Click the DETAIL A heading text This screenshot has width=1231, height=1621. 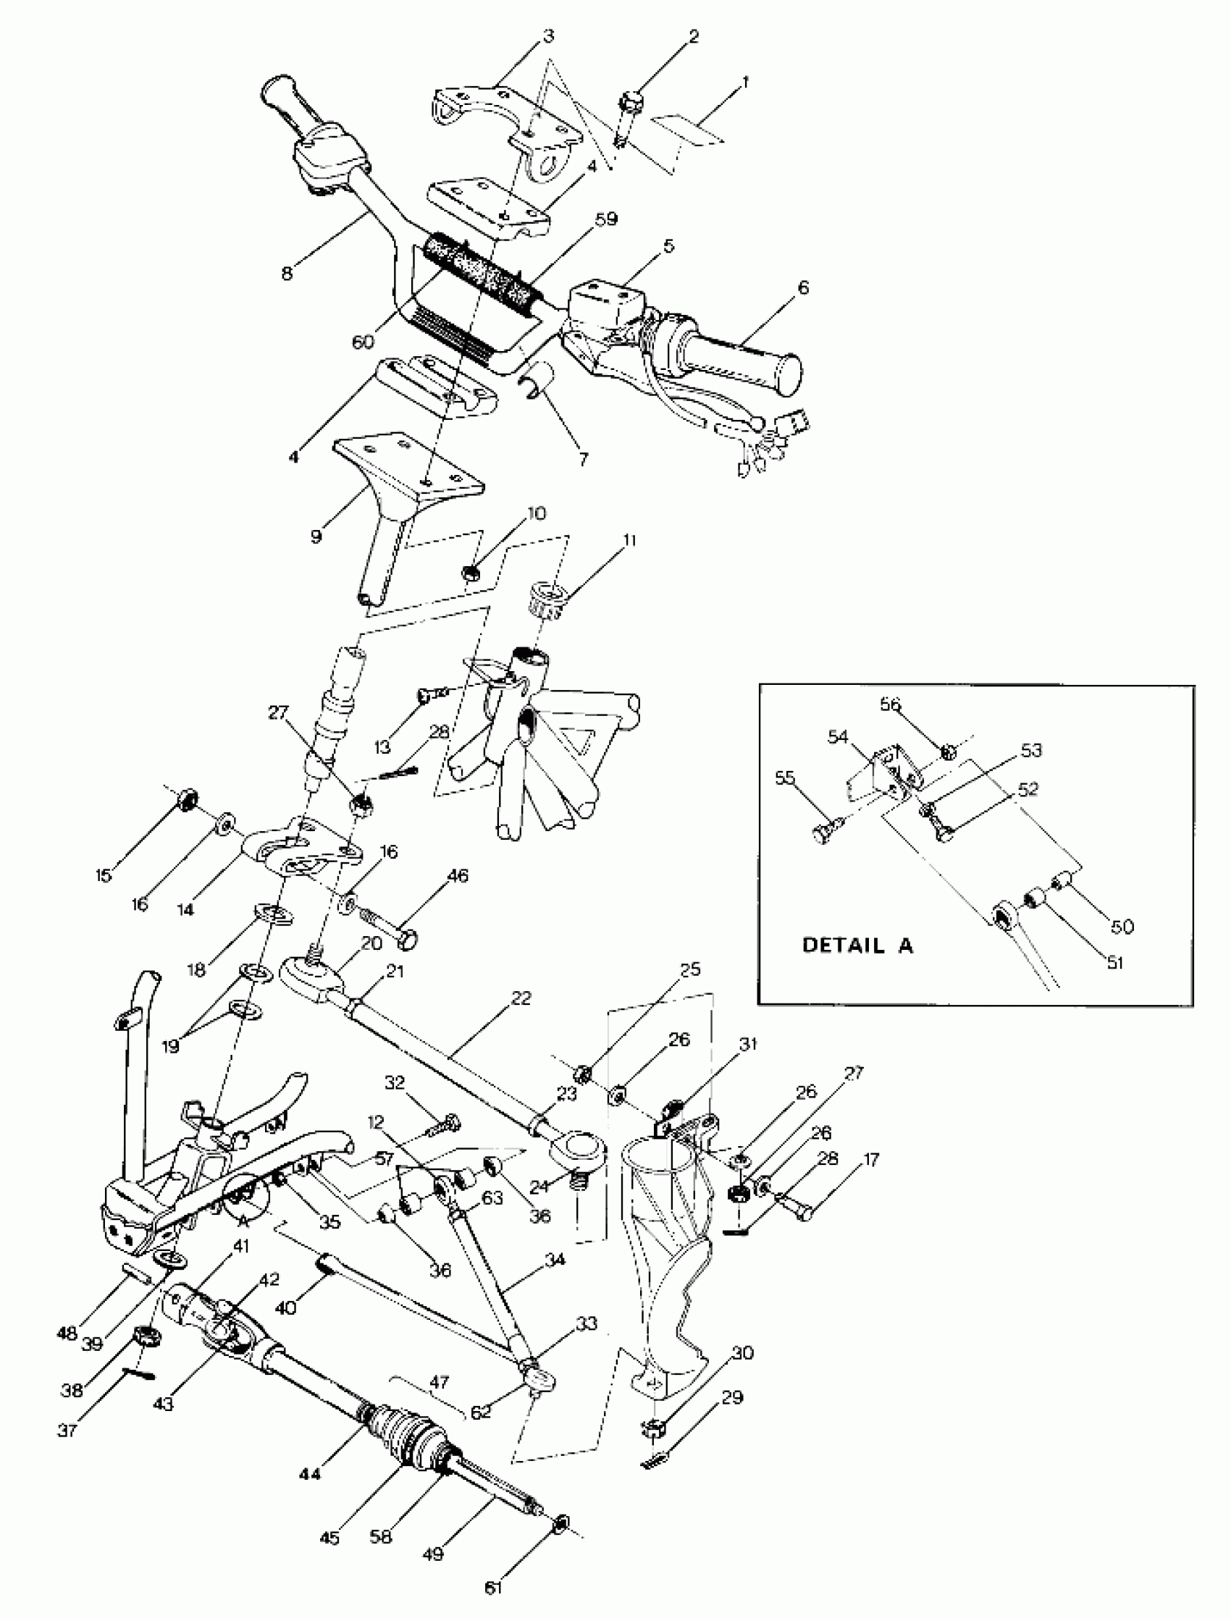[857, 945]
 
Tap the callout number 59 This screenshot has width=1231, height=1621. [606, 219]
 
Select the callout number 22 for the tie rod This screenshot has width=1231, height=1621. [521, 998]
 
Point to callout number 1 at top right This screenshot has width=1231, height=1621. [745, 81]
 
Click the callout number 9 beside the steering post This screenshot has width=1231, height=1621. [316, 536]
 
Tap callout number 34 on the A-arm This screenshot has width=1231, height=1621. [555, 1260]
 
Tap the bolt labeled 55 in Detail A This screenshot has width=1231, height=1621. [824, 833]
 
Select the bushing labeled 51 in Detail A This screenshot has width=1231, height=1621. [1034, 896]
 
